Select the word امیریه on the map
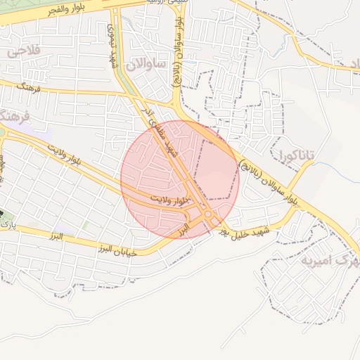click(312, 262)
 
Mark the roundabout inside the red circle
click(208, 215)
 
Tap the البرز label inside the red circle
click(184, 229)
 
